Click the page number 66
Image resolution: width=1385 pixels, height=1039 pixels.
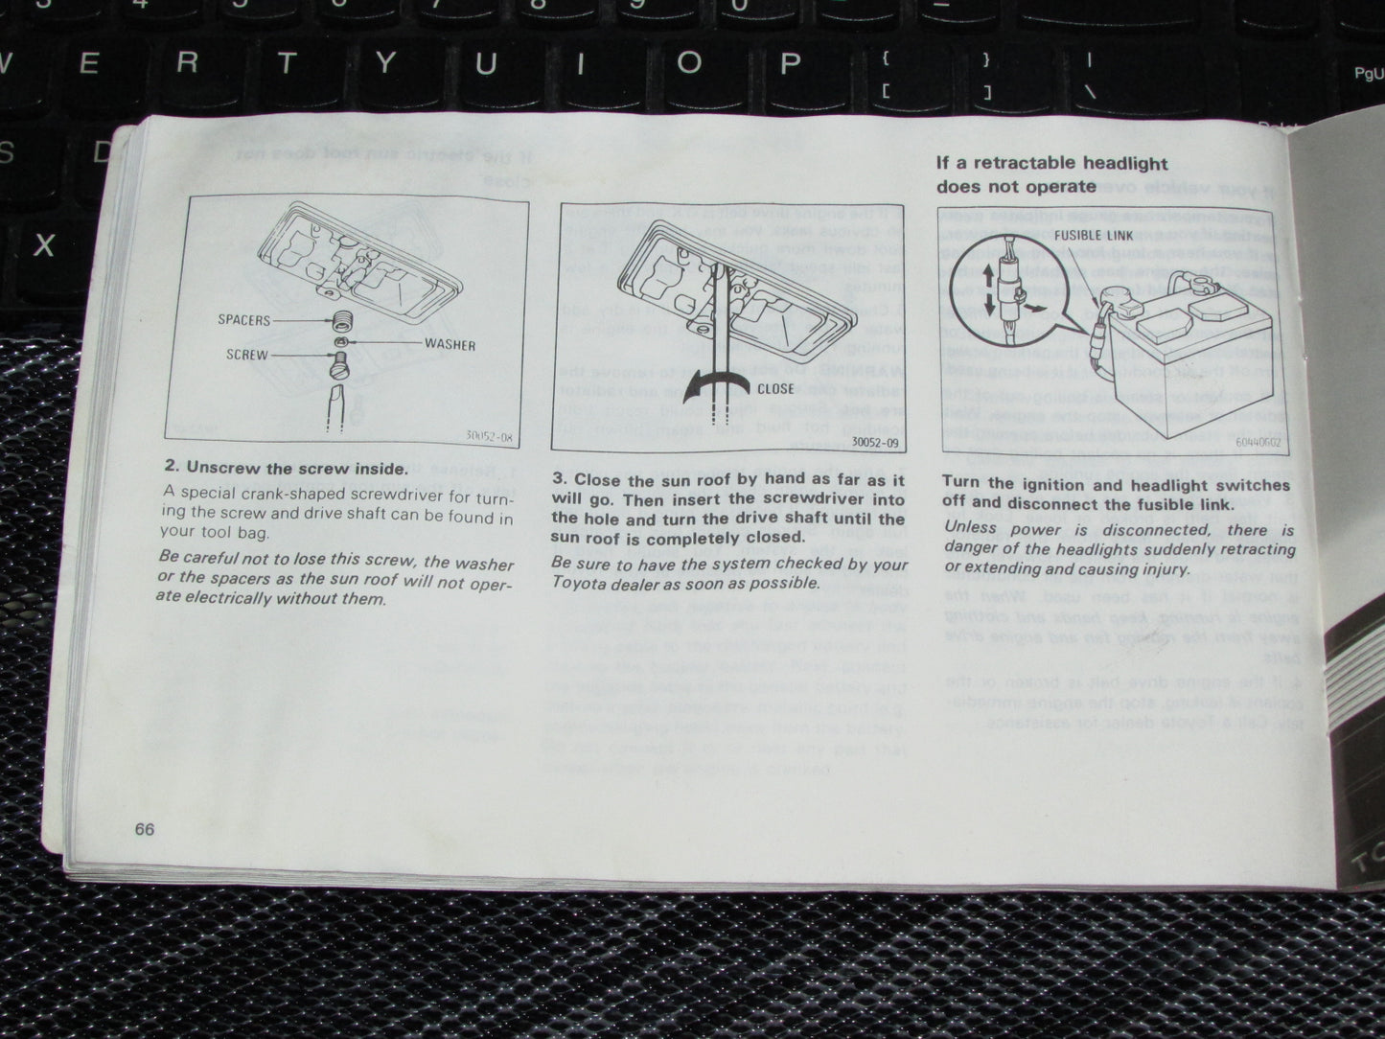click(x=145, y=829)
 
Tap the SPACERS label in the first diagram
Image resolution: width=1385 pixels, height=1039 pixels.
click(x=244, y=320)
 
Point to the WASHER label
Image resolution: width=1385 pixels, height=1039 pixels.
click(x=450, y=344)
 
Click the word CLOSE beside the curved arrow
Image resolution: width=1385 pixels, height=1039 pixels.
click(x=775, y=389)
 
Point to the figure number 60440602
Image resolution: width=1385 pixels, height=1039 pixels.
click(x=1258, y=442)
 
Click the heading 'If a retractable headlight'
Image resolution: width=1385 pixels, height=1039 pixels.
click(x=1051, y=163)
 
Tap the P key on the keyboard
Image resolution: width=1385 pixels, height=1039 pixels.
click(x=789, y=64)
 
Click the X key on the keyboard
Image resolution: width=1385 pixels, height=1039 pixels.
click(x=44, y=245)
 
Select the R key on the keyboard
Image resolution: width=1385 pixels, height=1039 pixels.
click(x=187, y=64)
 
